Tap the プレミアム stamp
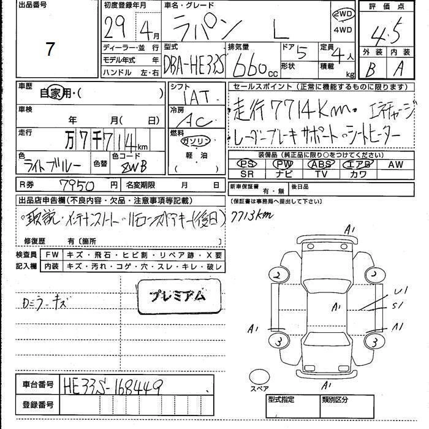click(178, 295)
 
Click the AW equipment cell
click(395, 164)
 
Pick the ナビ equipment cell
click(283, 174)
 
